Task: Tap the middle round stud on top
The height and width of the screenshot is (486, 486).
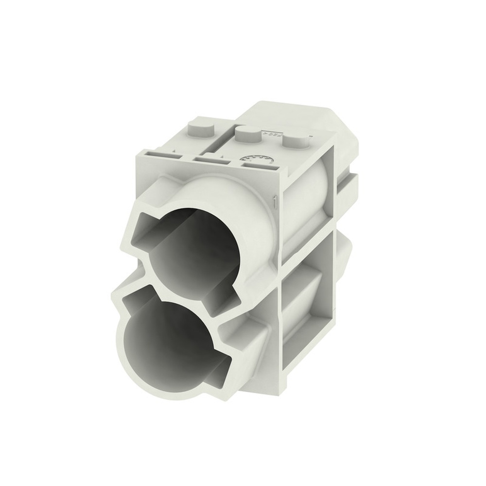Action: point(248,133)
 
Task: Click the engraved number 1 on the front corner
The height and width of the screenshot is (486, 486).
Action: point(276,201)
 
